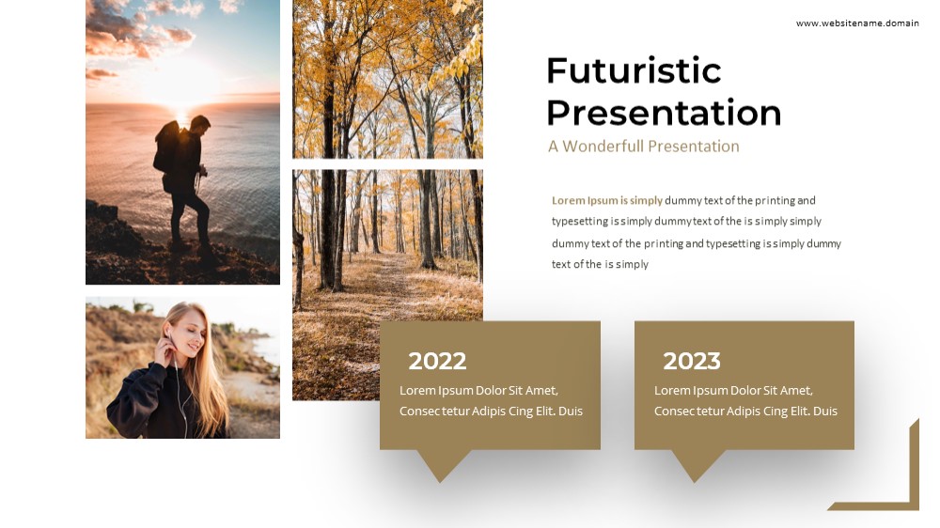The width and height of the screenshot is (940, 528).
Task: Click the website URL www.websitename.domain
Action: [857, 23]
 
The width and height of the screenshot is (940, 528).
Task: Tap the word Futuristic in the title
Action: [634, 70]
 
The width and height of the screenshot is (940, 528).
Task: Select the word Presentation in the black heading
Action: [665, 113]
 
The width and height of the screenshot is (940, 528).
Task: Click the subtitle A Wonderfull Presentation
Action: [643, 147]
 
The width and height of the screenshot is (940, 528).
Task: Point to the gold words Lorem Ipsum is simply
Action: [606, 200]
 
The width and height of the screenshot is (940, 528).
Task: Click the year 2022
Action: [437, 361]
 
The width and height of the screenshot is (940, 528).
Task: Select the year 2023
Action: [691, 361]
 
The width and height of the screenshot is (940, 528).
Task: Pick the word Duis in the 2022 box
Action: [571, 412]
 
